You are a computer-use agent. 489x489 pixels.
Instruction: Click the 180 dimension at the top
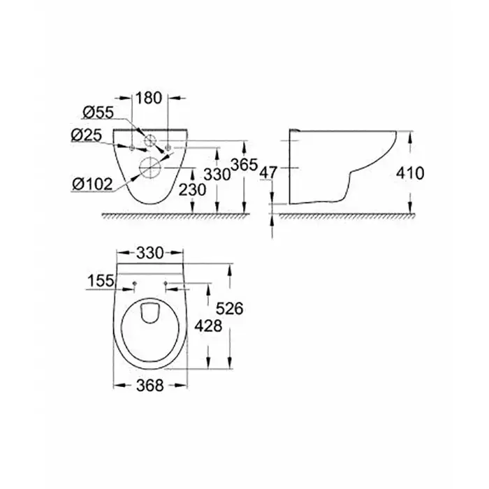149,98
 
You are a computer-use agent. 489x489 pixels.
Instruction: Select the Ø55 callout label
98,112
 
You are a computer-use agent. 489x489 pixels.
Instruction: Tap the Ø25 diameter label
87,135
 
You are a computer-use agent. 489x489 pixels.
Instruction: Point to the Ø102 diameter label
92,184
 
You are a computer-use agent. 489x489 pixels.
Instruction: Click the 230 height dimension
192,189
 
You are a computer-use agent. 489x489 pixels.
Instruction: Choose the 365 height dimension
245,165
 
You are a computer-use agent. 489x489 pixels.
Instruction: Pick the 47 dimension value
268,173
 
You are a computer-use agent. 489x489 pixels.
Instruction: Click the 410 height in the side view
410,173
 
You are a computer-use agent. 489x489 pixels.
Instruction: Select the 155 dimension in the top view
101,281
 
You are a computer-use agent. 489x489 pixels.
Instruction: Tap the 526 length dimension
230,309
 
